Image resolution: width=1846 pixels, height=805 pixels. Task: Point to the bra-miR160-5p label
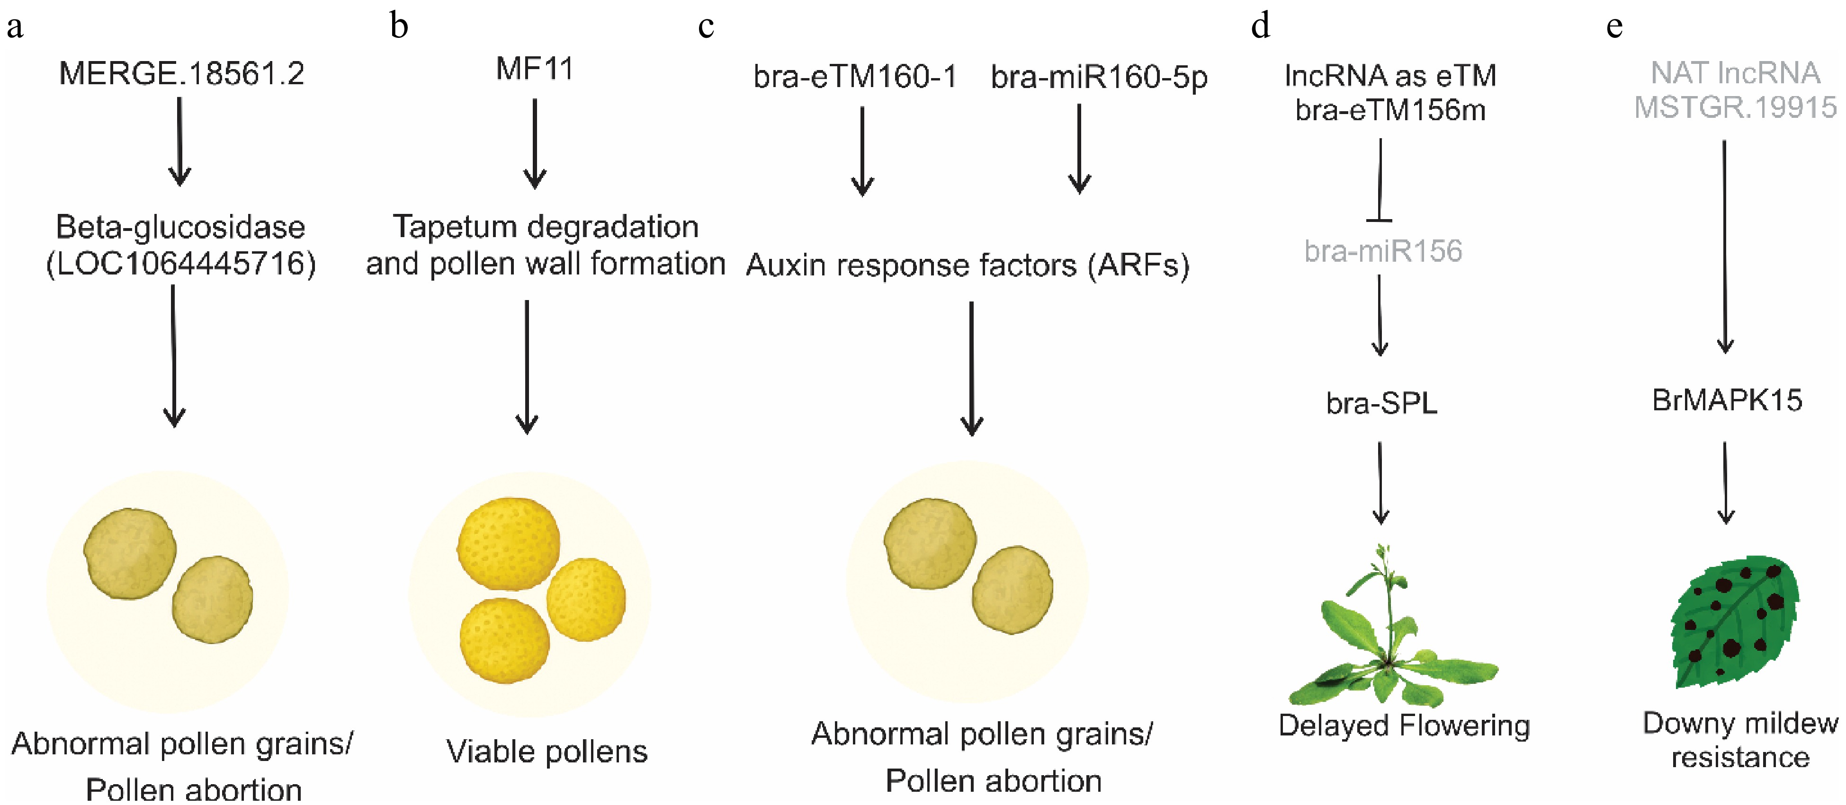coord(1099,77)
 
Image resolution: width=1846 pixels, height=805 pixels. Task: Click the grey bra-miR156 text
coord(1382,251)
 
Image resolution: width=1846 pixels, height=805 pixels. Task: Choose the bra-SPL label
coord(1381,403)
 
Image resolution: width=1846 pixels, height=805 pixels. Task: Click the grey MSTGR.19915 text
coord(1734,107)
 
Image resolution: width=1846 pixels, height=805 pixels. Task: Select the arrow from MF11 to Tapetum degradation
coord(535,143)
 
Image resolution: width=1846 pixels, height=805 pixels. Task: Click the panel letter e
coord(1614,27)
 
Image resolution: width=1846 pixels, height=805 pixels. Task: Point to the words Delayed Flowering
coord(1404,725)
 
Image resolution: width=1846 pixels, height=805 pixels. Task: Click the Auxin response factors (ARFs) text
coord(968,265)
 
